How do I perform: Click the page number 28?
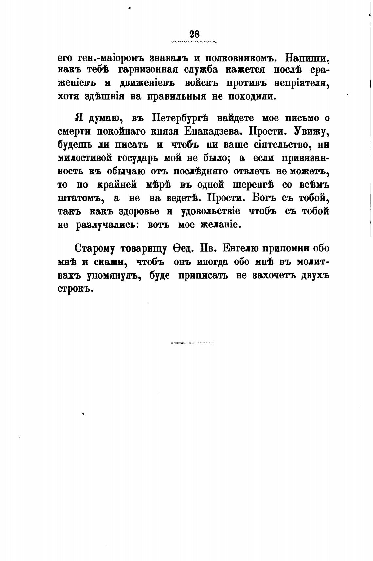pyautogui.click(x=194, y=34)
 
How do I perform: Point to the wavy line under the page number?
pyautogui.click(x=194, y=42)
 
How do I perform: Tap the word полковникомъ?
pyautogui.click(x=242, y=57)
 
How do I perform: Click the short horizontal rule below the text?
pyautogui.click(x=192, y=343)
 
